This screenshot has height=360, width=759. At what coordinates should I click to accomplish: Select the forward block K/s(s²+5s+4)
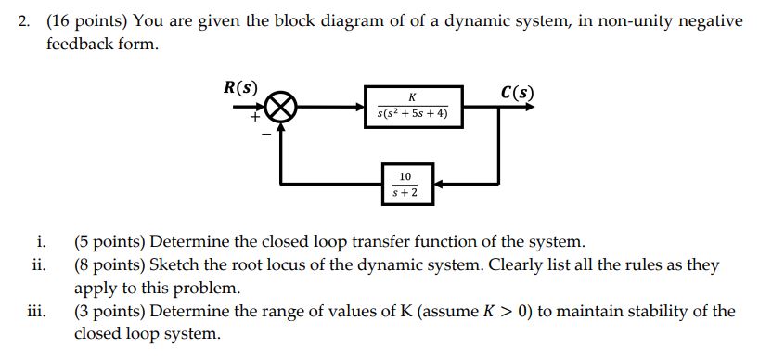click(x=412, y=107)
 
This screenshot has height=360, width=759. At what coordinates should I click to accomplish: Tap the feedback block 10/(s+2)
click(x=405, y=183)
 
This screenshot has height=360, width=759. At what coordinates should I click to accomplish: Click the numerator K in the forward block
click(x=412, y=97)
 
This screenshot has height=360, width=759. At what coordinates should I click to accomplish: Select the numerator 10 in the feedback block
click(x=405, y=175)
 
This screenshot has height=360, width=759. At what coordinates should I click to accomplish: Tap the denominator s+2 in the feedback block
click(x=405, y=192)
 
